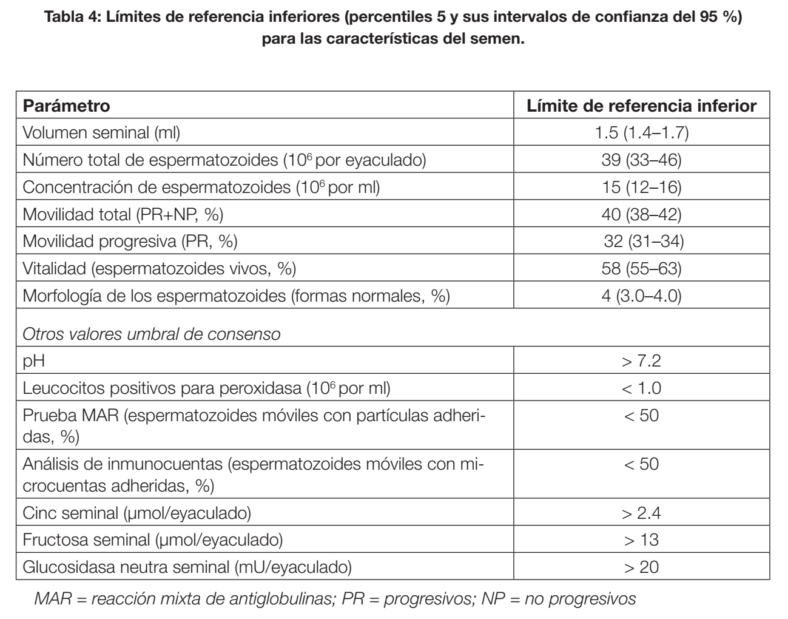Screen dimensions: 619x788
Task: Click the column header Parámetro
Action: pyautogui.click(x=67, y=106)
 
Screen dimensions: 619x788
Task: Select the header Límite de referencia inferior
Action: pyautogui.click(x=641, y=106)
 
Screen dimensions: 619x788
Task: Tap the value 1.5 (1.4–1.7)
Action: pyautogui.click(x=641, y=133)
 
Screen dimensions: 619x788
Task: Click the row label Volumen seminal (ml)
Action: pyautogui.click(x=101, y=133)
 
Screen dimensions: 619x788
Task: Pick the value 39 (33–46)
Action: pyautogui.click(x=641, y=160)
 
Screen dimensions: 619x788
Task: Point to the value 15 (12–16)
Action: pyautogui.click(x=641, y=187)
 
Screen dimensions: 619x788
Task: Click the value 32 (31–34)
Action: pyautogui.click(x=643, y=242)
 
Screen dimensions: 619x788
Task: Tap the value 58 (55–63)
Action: pyautogui.click(x=641, y=268)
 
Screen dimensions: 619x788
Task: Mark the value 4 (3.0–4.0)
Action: pyautogui.click(x=641, y=296)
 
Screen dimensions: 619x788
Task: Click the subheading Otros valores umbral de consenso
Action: pyautogui.click(x=152, y=334)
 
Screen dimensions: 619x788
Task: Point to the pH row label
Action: pyautogui.click(x=34, y=361)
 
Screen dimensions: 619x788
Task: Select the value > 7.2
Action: pyautogui.click(x=641, y=361)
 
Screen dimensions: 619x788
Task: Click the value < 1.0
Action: pyautogui.click(x=641, y=388)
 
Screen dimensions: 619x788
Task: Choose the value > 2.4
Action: pyautogui.click(x=641, y=513)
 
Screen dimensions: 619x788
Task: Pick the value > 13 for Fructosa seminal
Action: pyautogui.click(x=641, y=540)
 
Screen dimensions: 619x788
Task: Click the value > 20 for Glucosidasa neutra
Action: pyautogui.click(x=641, y=567)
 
